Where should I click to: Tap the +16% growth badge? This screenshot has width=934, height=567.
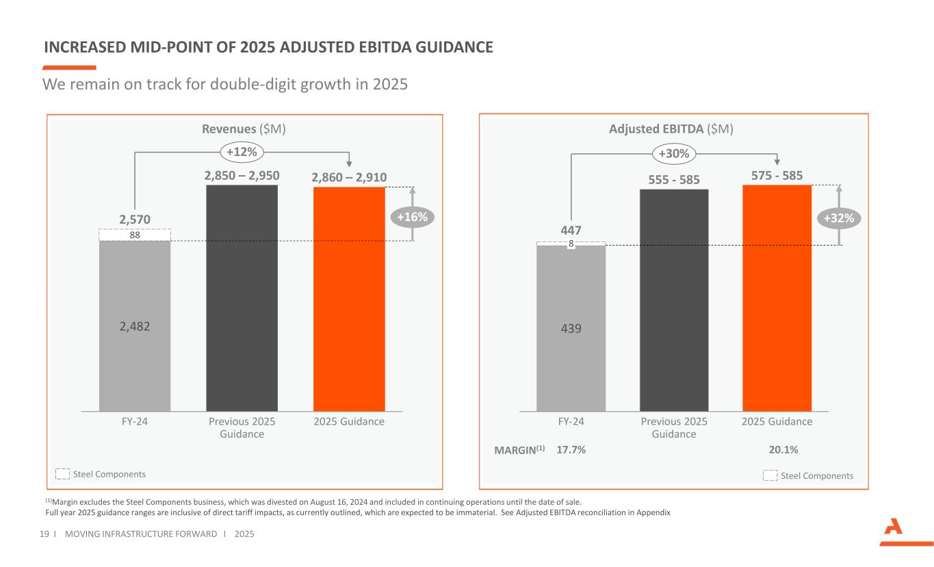(413, 217)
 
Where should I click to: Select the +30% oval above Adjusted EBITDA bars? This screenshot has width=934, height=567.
(675, 154)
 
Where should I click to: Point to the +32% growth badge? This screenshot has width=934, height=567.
(840, 217)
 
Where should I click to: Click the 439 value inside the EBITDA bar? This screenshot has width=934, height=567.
(571, 328)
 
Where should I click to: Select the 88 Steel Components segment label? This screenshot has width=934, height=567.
(134, 235)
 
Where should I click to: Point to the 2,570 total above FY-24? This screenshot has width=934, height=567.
(134, 219)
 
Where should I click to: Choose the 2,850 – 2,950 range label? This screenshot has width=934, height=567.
(242, 176)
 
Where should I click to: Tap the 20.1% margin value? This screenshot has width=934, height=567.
(783, 449)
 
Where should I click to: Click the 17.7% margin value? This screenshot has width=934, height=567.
(571, 449)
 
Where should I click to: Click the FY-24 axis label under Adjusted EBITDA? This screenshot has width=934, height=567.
(571, 421)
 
